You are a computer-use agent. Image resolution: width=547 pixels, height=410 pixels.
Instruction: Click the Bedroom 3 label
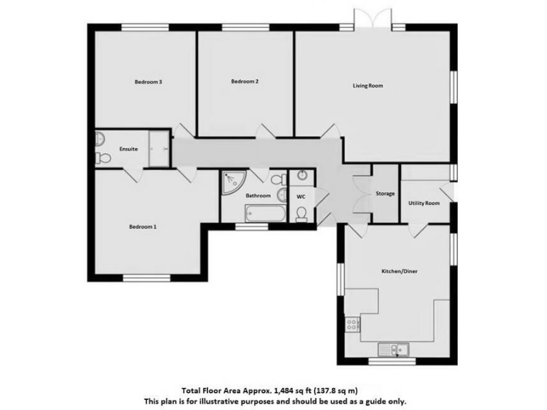point(149,82)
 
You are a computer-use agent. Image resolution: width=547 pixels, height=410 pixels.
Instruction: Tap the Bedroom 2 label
point(244,81)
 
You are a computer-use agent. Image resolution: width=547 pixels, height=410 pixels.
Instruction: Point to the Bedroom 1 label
point(142,226)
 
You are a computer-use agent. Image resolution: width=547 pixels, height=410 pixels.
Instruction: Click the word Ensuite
point(129,149)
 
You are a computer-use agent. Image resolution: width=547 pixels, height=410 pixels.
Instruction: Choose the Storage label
point(385,194)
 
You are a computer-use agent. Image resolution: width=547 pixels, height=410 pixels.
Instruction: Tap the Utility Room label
point(424,203)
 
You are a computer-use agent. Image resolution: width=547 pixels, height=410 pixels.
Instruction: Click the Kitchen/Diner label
point(397,271)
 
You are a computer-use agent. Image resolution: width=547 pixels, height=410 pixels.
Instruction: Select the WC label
point(301,196)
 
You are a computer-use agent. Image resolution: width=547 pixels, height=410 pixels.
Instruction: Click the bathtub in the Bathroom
point(265,214)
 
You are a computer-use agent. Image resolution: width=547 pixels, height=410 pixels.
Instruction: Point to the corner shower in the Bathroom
point(231,182)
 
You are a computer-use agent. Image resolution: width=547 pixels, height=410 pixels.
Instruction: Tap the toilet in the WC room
point(302,214)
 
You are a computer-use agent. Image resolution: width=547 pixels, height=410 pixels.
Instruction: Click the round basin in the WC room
point(302,176)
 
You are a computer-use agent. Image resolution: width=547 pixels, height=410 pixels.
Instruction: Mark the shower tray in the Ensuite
point(160,148)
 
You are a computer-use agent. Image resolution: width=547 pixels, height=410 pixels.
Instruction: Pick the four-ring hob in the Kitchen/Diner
point(351,325)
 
